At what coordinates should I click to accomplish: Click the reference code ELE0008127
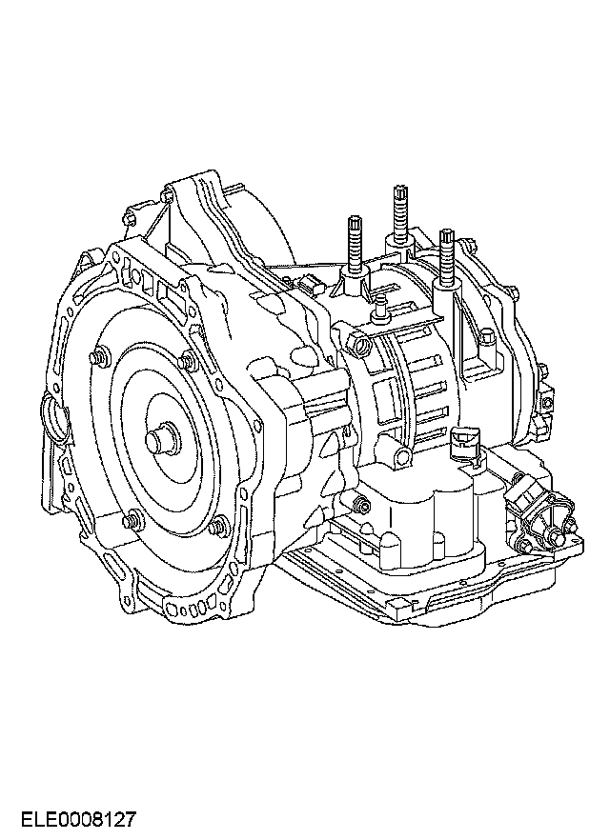click(78, 819)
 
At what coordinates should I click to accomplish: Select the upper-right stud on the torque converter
click(188, 361)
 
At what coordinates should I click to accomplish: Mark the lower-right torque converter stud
click(218, 526)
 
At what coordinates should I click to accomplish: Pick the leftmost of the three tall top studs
click(355, 246)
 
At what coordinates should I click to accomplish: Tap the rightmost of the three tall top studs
click(446, 258)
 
